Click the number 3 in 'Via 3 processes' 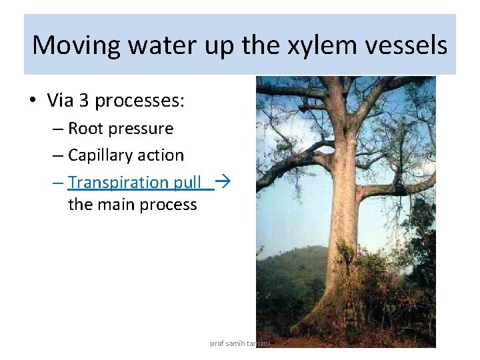coord(84,101)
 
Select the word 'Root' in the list coord(86,129)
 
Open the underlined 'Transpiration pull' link coord(134,182)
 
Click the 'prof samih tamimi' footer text coord(239,343)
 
